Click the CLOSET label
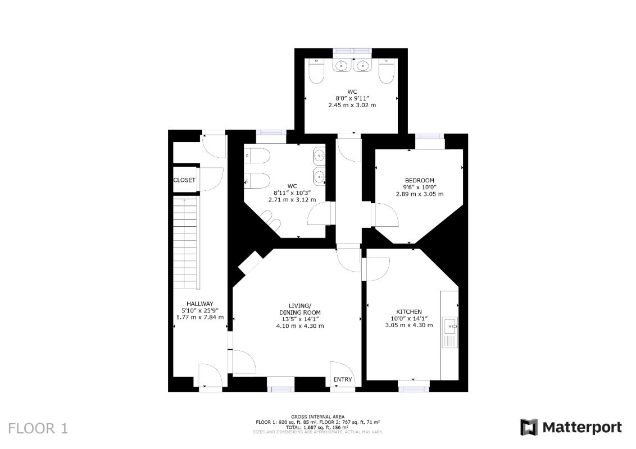pyautogui.click(x=184, y=180)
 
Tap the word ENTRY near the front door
pyautogui.click(x=343, y=380)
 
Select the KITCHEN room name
pyautogui.click(x=409, y=312)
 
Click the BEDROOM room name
pyautogui.click(x=420, y=180)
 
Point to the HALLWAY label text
pyautogui.click(x=200, y=304)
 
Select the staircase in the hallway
pyautogui.click(x=185, y=241)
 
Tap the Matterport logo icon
pyautogui.click(x=529, y=428)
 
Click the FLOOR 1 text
pyautogui.click(x=38, y=429)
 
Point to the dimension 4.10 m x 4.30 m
pyautogui.click(x=300, y=326)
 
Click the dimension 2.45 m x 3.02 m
pyautogui.click(x=352, y=105)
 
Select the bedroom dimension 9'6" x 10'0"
pyautogui.click(x=420, y=187)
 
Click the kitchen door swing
pyautogui.click(x=378, y=268)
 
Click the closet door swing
pyautogui.click(x=212, y=180)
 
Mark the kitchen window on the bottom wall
pyautogui.click(x=414, y=387)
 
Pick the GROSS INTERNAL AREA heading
pyautogui.click(x=318, y=416)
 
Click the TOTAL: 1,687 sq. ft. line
pyautogui.click(x=318, y=427)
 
